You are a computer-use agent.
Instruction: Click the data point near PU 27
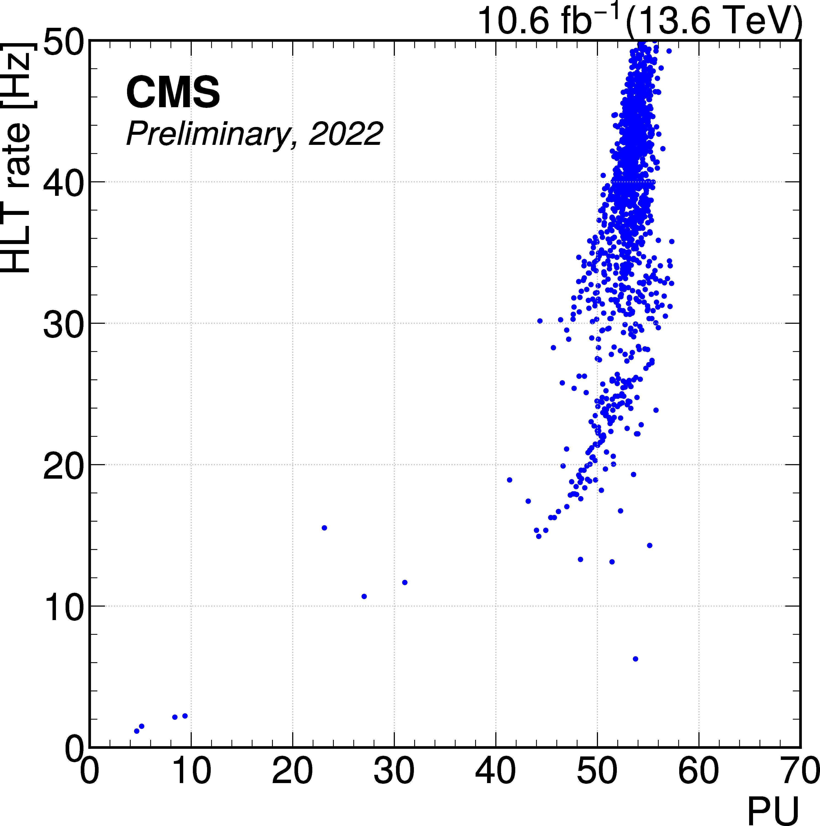tap(364, 596)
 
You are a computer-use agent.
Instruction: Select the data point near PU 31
tap(404, 582)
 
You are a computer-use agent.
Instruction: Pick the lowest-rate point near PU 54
tap(635, 659)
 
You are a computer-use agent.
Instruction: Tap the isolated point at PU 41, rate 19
tap(509, 480)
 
